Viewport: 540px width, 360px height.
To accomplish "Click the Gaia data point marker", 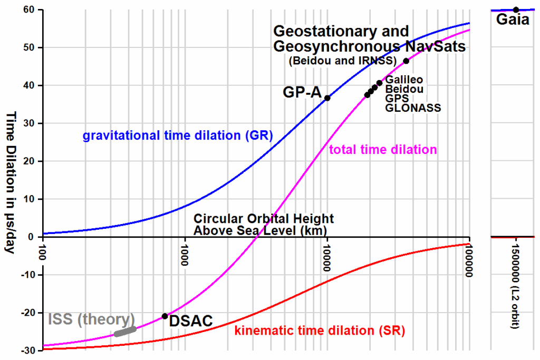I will [516, 9].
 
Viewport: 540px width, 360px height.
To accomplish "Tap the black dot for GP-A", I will [327, 98].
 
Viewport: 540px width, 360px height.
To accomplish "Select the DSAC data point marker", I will [165, 316].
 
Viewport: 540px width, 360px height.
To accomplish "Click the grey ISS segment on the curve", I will [126, 332].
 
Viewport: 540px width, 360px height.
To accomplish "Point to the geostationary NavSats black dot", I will [406, 61].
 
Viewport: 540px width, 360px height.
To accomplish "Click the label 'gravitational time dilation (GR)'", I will [177, 135].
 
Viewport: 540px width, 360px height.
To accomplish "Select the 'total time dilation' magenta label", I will [383, 150].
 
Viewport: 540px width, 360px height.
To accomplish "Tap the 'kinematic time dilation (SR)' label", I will [319, 331].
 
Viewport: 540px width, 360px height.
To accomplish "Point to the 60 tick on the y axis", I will [28, 10].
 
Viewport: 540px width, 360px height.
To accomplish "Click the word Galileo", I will [404, 80].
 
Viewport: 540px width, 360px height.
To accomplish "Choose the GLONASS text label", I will [413, 109].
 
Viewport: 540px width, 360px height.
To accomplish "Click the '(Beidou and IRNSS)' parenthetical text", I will [342, 61].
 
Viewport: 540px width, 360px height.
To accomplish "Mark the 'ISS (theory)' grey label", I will [91, 319].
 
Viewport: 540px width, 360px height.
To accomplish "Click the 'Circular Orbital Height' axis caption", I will [264, 219].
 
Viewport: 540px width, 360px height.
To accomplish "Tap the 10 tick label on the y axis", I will [30, 199].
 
